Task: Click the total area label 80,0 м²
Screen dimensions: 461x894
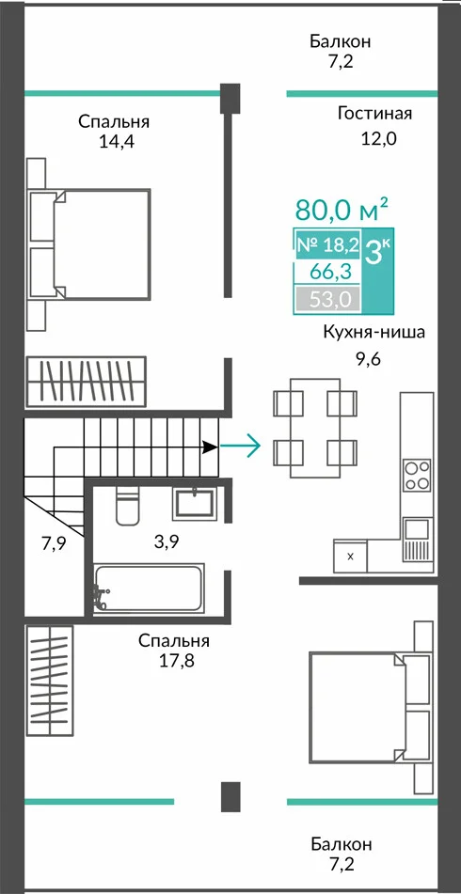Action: tap(334, 210)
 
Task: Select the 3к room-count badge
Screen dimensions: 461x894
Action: tap(377, 251)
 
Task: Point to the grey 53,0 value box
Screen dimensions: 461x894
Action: tap(327, 299)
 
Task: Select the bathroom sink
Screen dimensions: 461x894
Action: tap(195, 502)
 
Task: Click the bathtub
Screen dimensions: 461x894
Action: tap(149, 588)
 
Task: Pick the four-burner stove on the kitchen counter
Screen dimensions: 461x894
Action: tap(417, 476)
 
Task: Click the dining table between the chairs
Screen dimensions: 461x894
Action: tap(315, 427)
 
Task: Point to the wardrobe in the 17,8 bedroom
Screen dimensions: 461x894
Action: tap(49, 682)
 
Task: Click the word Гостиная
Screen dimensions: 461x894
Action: tap(374, 114)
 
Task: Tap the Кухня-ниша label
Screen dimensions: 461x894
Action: tap(374, 333)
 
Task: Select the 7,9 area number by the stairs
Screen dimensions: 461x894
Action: tap(53, 542)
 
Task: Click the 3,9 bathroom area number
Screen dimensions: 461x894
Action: tap(166, 542)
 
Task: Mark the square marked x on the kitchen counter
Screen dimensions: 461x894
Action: tap(350, 557)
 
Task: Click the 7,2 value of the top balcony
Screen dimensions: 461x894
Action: tap(341, 61)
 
